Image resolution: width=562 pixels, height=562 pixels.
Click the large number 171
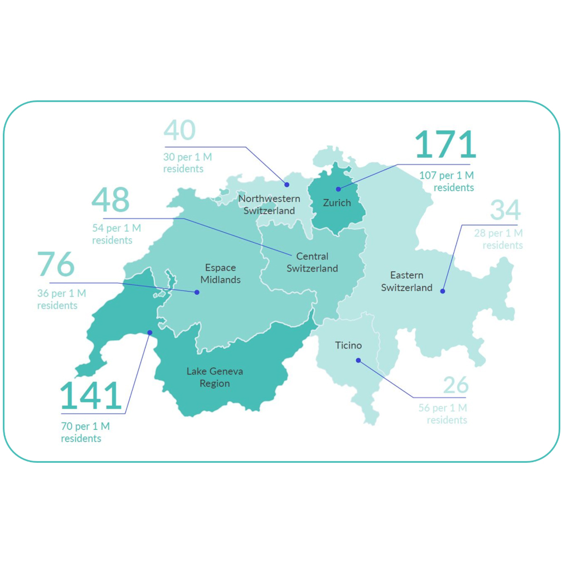(445, 144)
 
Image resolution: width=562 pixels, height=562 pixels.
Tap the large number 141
(90, 396)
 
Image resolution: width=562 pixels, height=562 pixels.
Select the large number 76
(56, 264)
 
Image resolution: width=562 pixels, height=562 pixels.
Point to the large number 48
(110, 200)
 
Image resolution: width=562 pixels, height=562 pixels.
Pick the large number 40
(180, 130)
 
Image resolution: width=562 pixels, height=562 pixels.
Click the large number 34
(505, 210)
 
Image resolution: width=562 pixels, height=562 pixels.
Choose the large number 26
(456, 385)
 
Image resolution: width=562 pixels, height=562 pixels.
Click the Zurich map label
(337, 203)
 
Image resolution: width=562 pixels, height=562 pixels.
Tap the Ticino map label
(348, 346)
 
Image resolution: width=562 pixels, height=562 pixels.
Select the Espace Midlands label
(221, 274)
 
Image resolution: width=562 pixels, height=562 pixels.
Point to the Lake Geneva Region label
(215, 377)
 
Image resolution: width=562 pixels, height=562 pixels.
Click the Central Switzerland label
(312, 263)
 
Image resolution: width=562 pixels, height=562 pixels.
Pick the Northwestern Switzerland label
(269, 205)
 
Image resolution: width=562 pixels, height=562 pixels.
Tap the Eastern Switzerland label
(407, 282)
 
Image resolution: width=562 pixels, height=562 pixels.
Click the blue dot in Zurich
(338, 189)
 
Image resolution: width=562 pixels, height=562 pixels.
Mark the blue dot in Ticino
(358, 360)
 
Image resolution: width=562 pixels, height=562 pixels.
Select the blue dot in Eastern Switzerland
(443, 290)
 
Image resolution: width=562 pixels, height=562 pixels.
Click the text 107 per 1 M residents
(447, 182)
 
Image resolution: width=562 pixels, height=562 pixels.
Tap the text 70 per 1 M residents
(85, 433)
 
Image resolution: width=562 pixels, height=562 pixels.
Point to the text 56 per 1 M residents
(443, 414)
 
